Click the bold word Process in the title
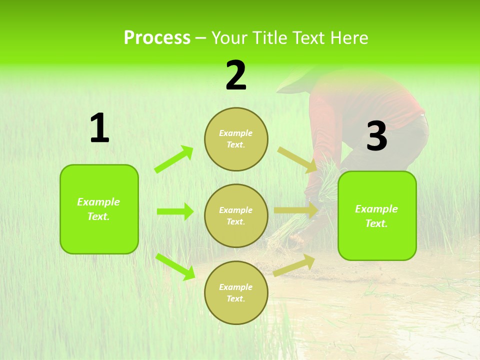tap(157, 38)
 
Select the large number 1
tap(99, 129)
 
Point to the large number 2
tap(236, 75)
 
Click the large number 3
tap(376, 136)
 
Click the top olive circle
tap(236, 139)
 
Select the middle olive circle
tap(236, 215)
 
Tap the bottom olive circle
tap(236, 292)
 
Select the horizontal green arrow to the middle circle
tap(175, 211)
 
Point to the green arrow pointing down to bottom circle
tap(175, 266)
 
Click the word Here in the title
tap(350, 38)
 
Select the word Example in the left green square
tap(98, 202)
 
